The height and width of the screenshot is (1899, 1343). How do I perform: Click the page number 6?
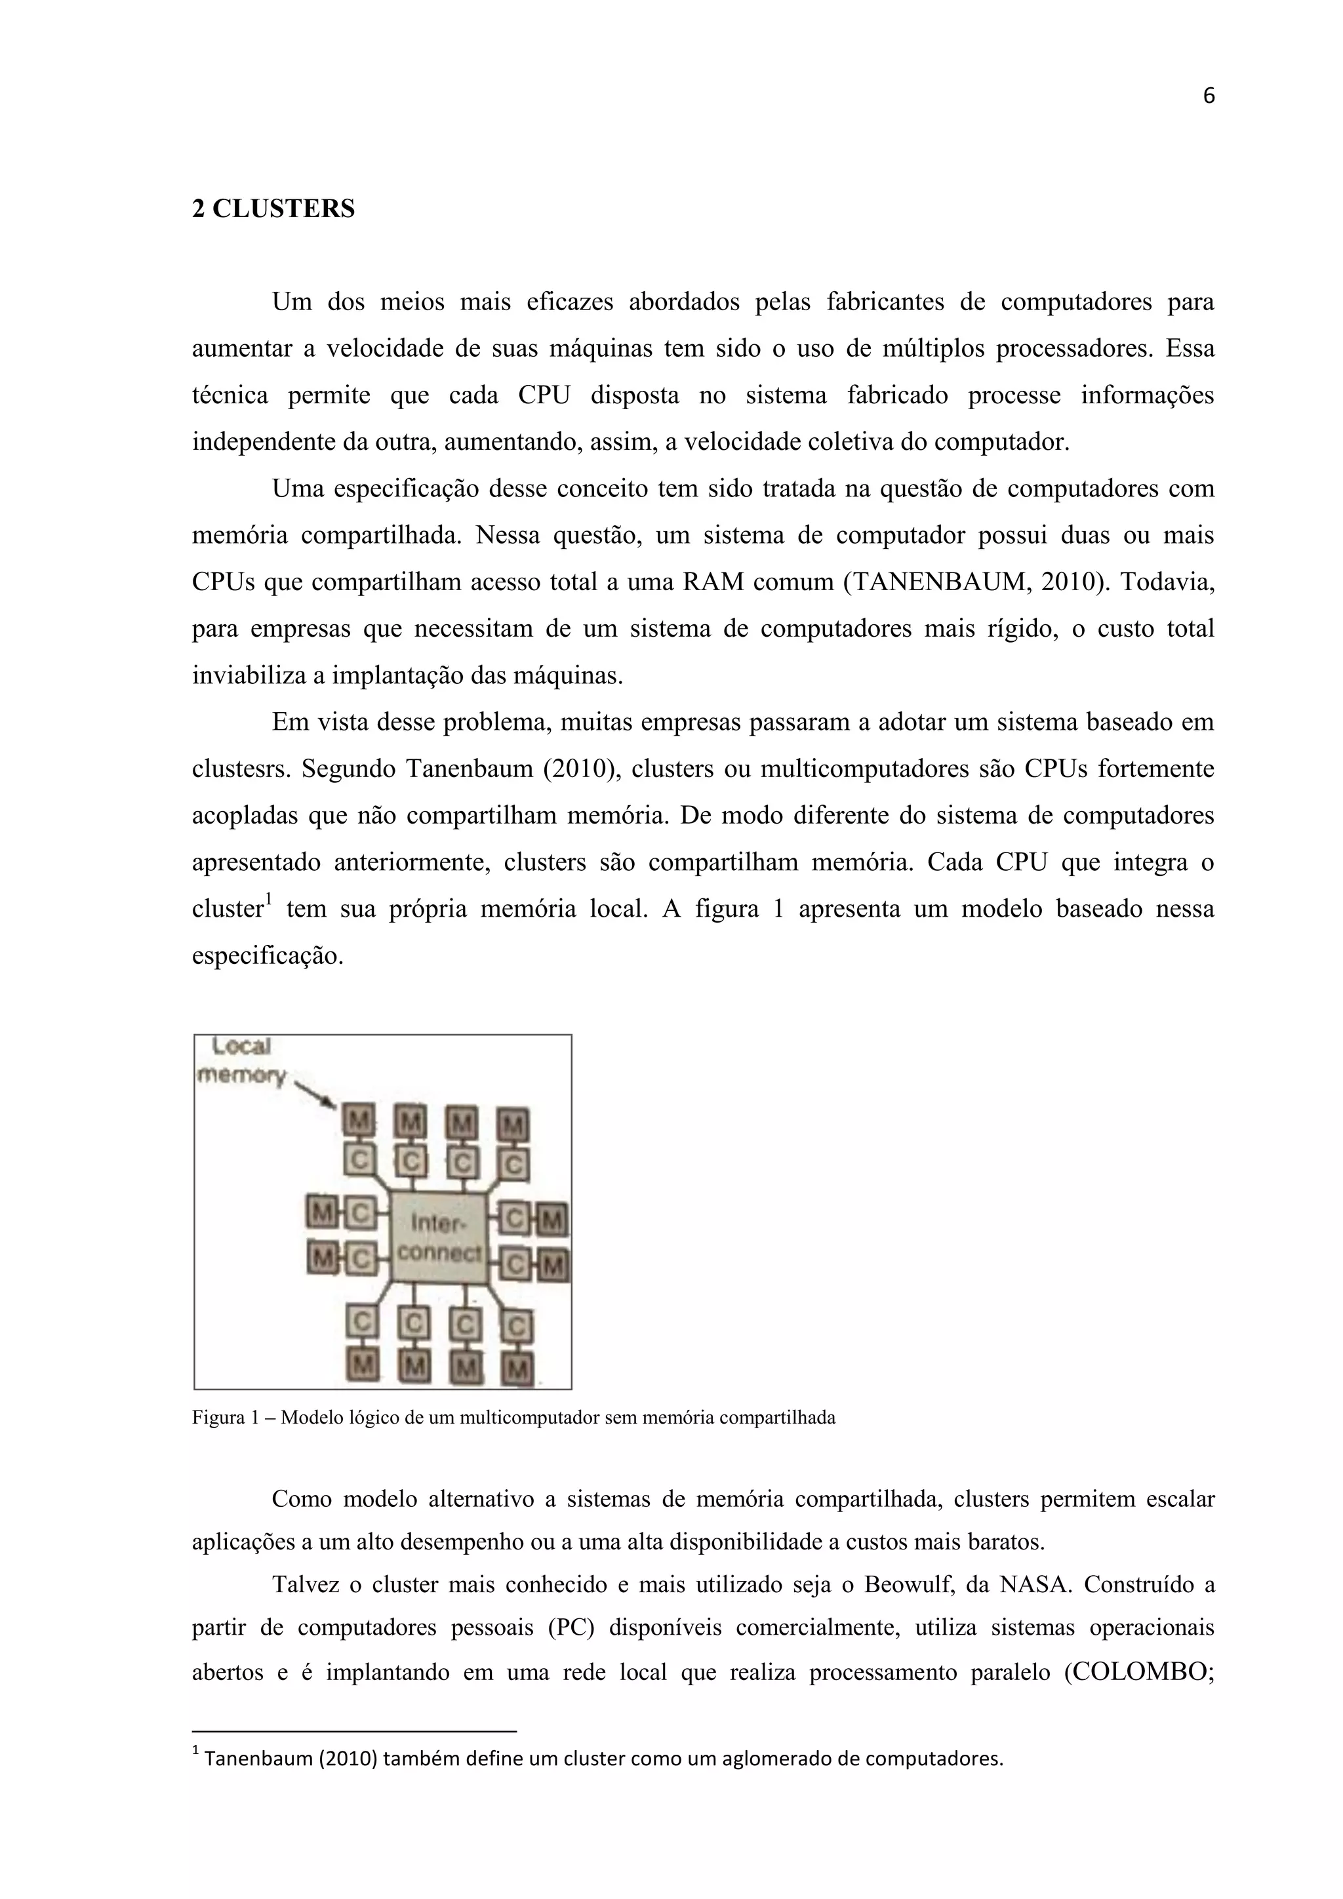pyautogui.click(x=1208, y=97)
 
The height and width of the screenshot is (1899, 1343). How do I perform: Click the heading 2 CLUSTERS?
pyautogui.click(x=273, y=209)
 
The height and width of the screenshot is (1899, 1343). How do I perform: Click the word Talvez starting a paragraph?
pyautogui.click(x=304, y=1585)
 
